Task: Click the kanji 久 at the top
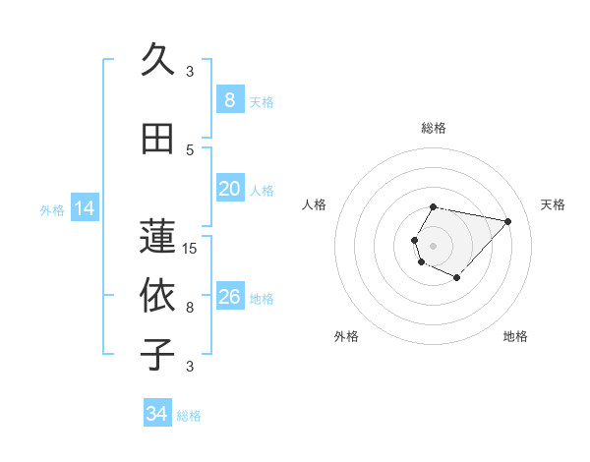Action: pyautogui.click(x=157, y=61)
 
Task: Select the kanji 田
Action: pyautogui.click(x=157, y=140)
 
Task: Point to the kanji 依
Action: pyautogui.click(x=157, y=295)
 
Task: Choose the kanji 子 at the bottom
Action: pyautogui.click(x=157, y=353)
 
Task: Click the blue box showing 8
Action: pyautogui.click(x=229, y=99)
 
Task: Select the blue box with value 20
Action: pyautogui.click(x=229, y=189)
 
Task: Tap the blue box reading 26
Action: pyautogui.click(x=229, y=297)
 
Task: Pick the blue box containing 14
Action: pyautogui.click(x=85, y=207)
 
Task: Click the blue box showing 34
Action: pyautogui.click(x=157, y=414)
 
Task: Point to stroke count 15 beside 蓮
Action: pyautogui.click(x=190, y=249)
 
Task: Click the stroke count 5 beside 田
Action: pyautogui.click(x=190, y=149)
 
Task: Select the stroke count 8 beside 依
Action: pyautogui.click(x=190, y=308)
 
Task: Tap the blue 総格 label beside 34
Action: pyautogui.click(x=190, y=416)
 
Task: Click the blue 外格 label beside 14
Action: pyautogui.click(x=52, y=209)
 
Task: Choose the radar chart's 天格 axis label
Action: pyautogui.click(x=553, y=204)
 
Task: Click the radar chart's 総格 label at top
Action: pyautogui.click(x=434, y=128)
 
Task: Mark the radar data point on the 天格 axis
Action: pyautogui.click(x=507, y=221)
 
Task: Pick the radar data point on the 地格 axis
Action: pyautogui.click(x=457, y=279)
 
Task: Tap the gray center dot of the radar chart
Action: pyautogui.click(x=434, y=245)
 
